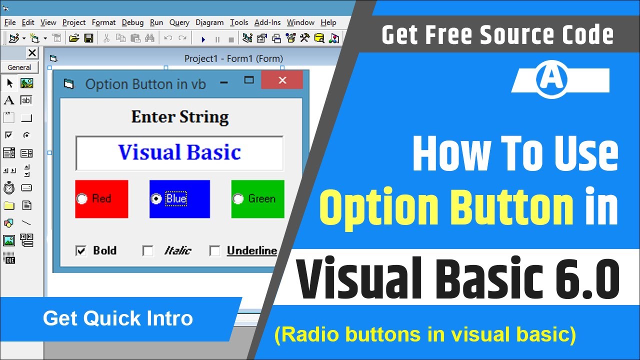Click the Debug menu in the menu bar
click(132, 22)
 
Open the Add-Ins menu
click(267, 22)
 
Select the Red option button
click(81, 199)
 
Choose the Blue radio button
click(156, 199)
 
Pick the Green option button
click(238, 199)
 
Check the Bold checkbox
click(80, 250)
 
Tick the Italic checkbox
click(148, 250)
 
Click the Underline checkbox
click(214, 250)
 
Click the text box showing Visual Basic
click(179, 153)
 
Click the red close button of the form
click(282, 80)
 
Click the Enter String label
click(180, 117)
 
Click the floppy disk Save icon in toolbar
click(88, 38)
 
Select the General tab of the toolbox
click(19, 67)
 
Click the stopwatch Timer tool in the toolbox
click(9, 188)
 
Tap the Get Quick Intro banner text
click(118, 318)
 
